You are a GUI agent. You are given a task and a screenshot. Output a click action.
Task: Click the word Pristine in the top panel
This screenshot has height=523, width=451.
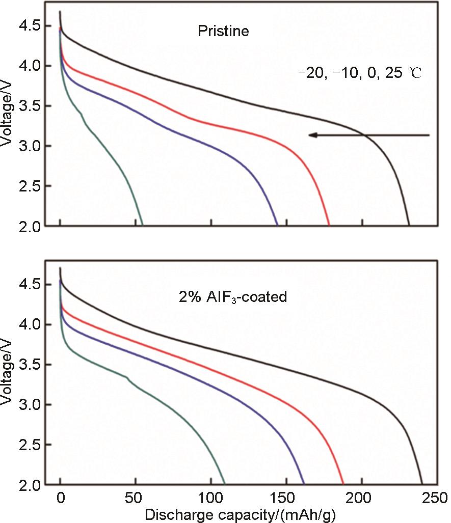tap(223, 32)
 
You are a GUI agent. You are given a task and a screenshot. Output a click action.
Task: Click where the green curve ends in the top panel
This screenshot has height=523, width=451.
tap(142, 225)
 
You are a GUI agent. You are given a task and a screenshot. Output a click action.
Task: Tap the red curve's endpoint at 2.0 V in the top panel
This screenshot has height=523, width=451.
tap(329, 225)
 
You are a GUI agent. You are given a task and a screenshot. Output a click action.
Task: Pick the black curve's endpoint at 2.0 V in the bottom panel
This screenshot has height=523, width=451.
tap(422, 484)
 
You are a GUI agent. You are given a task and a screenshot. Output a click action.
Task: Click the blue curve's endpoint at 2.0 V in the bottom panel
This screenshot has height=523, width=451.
tap(304, 484)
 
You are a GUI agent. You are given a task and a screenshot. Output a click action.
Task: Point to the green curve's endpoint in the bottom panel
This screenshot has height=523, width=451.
tap(225, 484)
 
